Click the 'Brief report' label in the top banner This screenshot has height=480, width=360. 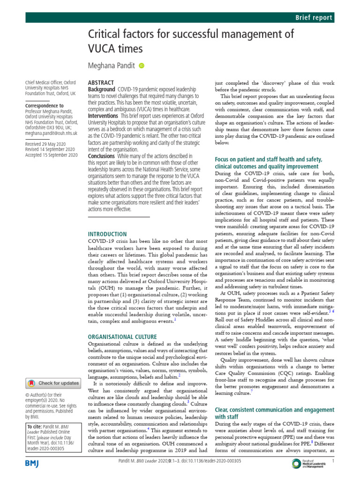pos(314,18)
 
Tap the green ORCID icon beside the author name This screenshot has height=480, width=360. pos(142,67)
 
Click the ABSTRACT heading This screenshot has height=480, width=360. pos(101,82)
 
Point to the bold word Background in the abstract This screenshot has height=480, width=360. pos(102,89)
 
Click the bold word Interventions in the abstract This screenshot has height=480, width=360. pos(104,115)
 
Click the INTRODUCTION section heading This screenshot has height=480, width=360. pos(107,234)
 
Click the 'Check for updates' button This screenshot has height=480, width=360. pos(53,383)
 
